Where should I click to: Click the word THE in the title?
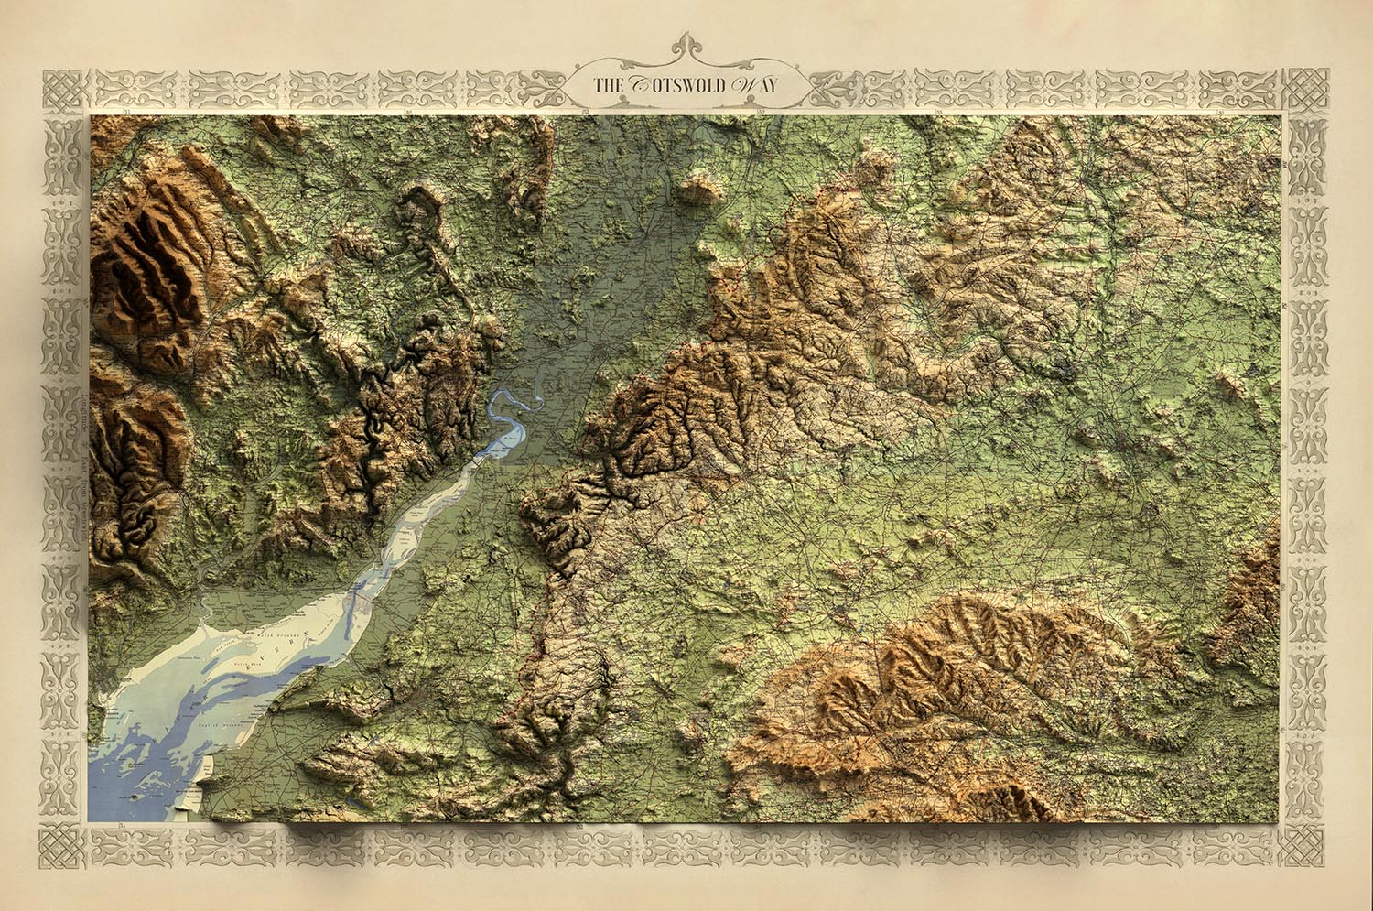(607, 86)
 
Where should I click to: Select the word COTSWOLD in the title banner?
(676, 86)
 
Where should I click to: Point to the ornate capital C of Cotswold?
(639, 85)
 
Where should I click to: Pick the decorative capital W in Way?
(742, 85)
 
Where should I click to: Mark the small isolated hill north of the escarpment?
(699, 190)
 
